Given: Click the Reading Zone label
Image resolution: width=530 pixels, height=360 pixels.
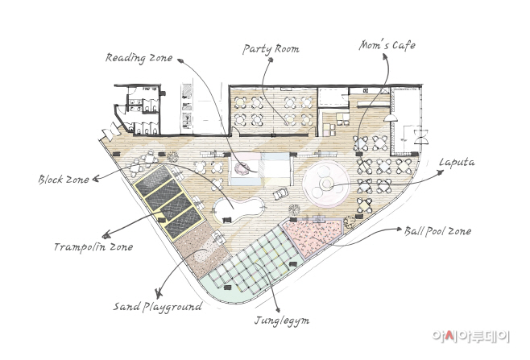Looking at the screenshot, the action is point(139,58).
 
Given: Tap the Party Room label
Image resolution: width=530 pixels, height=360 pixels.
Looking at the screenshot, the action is point(271,49).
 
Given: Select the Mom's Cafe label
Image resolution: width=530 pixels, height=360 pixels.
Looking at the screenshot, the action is point(387,45).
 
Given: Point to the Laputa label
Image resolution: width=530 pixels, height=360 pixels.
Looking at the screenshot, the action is point(457,162).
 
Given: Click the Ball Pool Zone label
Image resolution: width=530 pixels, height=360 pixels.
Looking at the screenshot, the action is point(437,231).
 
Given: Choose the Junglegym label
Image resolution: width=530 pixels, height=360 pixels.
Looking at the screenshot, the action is point(282,321).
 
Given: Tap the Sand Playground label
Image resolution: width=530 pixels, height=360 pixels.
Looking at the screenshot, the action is point(158,307).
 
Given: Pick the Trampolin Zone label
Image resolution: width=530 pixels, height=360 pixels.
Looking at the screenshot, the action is point(93,247).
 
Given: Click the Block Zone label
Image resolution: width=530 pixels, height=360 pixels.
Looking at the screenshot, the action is point(64,179).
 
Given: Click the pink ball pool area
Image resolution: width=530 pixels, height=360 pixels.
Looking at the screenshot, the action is point(311,235).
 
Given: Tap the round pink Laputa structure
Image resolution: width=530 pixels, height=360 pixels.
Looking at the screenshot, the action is point(326,184).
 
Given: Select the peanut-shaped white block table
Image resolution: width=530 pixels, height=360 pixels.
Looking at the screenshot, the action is point(238,210).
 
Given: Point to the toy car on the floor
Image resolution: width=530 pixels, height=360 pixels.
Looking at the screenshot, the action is point(280,193).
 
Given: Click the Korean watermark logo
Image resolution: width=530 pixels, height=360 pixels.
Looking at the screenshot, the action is point(470,336).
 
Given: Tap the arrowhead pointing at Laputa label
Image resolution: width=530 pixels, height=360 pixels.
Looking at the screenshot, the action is point(440,172).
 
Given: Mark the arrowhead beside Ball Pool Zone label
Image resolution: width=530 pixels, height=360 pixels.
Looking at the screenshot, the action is point(399,230).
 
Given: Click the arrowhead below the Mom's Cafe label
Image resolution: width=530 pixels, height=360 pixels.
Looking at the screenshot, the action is point(385,57).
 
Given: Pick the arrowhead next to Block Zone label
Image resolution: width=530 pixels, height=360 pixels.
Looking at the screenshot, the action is point(96,179).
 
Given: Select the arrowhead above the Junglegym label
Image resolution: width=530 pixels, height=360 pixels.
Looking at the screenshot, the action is point(278,309).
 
